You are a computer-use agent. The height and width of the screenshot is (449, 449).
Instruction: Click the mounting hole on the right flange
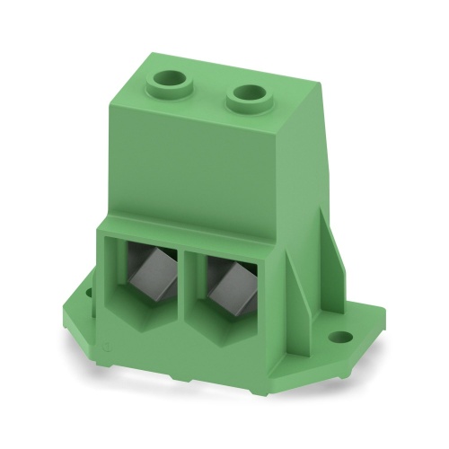point(340,339)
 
